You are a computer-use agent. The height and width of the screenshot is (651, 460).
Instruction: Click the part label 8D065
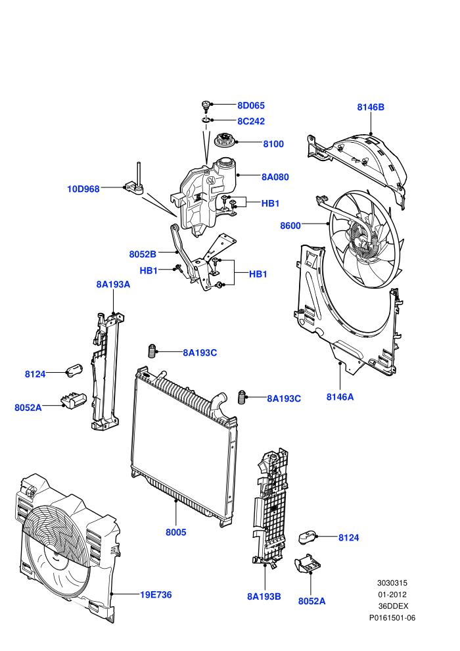pyautogui.click(x=251, y=105)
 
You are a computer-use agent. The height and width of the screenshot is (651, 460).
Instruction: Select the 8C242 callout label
pyautogui.click(x=251, y=121)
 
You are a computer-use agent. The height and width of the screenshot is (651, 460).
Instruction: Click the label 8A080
pyautogui.click(x=275, y=177)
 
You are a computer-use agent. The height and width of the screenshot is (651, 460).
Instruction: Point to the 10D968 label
pyautogui.click(x=83, y=189)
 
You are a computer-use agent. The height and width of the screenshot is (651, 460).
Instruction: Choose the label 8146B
pyautogui.click(x=371, y=107)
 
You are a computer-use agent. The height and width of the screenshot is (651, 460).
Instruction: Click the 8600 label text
pyautogui.click(x=290, y=226)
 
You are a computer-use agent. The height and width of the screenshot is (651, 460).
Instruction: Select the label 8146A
pyautogui.click(x=340, y=397)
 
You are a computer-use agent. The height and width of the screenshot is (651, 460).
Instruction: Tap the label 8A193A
pyautogui.click(x=113, y=284)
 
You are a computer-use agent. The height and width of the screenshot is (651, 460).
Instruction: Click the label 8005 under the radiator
pyautogui.click(x=176, y=532)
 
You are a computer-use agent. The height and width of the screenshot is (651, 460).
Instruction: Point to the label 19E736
pyautogui.click(x=156, y=595)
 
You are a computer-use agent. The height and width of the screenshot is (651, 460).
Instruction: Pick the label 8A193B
pyautogui.click(x=264, y=596)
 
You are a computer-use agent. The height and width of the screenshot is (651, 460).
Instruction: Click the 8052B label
pyautogui.click(x=143, y=254)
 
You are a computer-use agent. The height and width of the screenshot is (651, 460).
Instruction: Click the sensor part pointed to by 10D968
pyautogui.click(x=135, y=183)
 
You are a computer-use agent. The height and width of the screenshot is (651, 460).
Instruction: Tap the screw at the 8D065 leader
pyautogui.click(x=206, y=107)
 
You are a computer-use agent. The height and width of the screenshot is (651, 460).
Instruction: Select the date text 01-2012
pyautogui.click(x=392, y=594)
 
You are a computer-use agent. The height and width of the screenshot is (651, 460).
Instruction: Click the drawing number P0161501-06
pyautogui.click(x=392, y=617)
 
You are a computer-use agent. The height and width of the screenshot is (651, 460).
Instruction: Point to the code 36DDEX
pyautogui.click(x=393, y=606)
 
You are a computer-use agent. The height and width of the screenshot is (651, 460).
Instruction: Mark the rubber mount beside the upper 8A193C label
pyautogui.click(x=152, y=351)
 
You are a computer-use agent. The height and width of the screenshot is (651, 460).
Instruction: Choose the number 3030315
pyautogui.click(x=392, y=583)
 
